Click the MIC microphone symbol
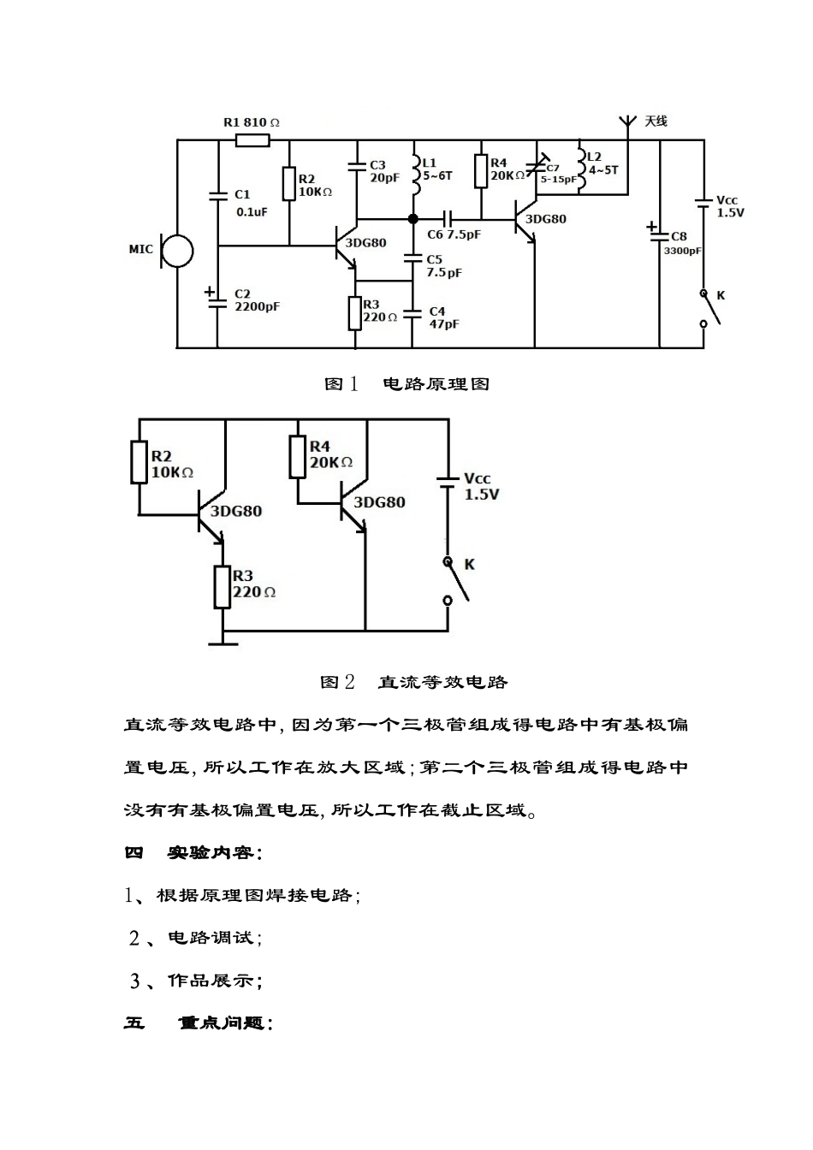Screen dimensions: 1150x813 [177, 252]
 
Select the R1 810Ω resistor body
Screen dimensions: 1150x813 [252, 139]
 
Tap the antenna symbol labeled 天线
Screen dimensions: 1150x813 [626, 123]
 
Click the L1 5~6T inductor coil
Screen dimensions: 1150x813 [415, 174]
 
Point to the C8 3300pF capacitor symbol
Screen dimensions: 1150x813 [660, 231]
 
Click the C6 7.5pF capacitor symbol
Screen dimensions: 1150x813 [447, 218]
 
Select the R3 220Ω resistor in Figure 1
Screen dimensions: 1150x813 [355, 313]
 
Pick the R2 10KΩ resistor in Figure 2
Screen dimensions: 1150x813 [139, 462]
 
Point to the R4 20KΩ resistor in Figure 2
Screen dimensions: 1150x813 [298, 456]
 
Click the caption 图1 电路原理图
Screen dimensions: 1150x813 [406, 384]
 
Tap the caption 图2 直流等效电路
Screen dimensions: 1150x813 [414, 682]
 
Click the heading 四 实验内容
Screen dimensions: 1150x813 [193, 852]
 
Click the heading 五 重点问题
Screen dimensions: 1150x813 [199, 1023]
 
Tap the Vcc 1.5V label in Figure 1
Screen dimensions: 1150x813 [729, 207]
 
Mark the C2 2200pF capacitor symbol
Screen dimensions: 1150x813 [217, 296]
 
